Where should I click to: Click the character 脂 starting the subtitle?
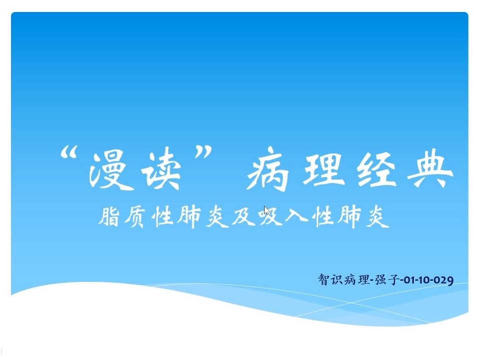coord(109,217)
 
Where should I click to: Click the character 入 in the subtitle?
coord(296,217)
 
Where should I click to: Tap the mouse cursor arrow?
coord(267,211)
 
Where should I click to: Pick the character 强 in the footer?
coord(381,279)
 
